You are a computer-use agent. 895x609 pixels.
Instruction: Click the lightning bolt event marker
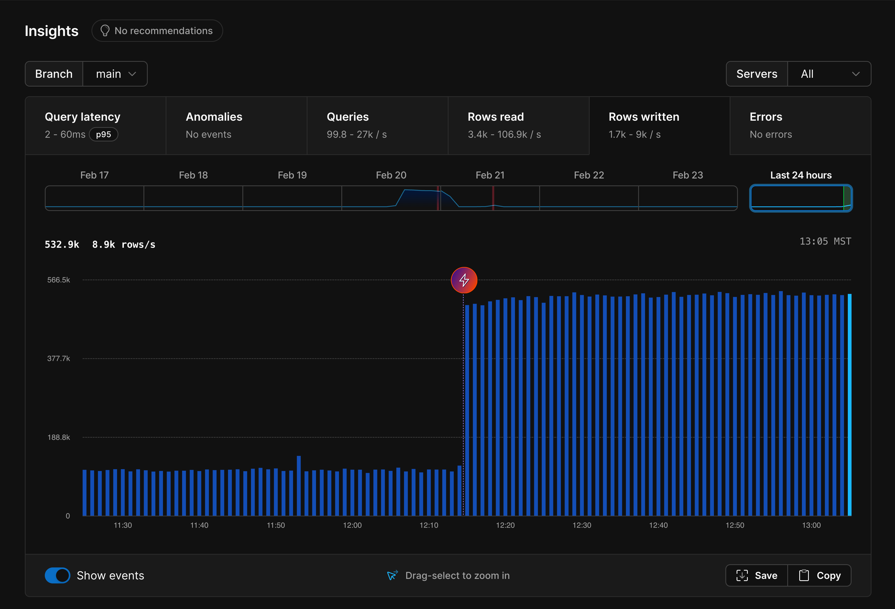coord(464,280)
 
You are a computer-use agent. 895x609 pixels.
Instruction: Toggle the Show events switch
coord(57,575)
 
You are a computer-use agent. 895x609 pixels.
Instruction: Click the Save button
coord(757,575)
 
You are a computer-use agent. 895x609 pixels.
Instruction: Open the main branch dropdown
coord(115,74)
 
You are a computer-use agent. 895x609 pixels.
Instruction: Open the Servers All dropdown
coord(829,74)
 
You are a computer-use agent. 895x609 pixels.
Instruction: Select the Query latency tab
coord(95,126)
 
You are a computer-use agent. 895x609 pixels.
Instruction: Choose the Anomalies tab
coord(237,126)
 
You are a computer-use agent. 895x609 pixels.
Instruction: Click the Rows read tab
coord(518,126)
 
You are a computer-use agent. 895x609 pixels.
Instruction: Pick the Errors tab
coord(800,126)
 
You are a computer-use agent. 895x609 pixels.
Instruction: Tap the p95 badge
coord(103,135)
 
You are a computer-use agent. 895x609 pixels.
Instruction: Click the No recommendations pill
coord(157,31)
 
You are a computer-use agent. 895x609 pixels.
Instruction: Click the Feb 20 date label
coord(391,175)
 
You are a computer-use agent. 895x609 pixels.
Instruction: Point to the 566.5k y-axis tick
coord(58,280)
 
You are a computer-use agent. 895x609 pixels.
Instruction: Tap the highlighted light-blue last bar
coord(850,404)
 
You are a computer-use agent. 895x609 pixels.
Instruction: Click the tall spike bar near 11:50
coord(299,485)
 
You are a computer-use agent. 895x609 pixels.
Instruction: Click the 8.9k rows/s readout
coord(124,245)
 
